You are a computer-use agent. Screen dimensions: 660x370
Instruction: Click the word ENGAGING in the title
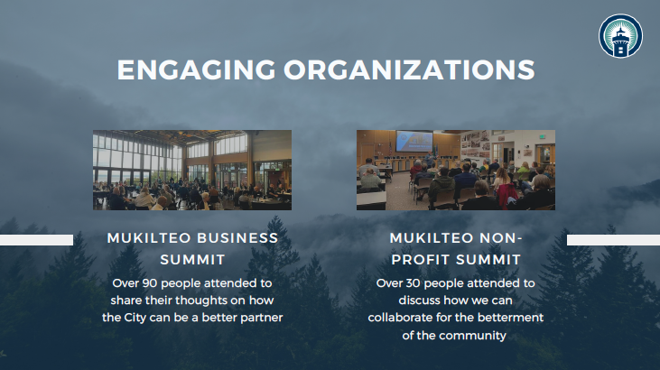196,69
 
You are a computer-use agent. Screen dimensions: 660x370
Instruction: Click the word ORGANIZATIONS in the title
409,69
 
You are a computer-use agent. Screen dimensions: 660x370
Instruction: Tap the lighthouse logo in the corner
620,36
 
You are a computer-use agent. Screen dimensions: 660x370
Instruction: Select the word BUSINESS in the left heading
237,238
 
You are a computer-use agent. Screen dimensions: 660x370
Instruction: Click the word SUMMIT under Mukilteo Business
193,260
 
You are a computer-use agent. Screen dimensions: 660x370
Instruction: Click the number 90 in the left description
150,283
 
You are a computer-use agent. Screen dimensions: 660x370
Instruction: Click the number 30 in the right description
413,283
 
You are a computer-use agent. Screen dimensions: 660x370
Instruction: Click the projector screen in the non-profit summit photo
414,141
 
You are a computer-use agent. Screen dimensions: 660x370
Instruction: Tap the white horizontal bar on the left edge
37,240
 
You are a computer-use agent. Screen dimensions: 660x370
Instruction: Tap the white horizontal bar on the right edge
613,240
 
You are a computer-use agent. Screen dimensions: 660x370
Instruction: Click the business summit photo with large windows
192,170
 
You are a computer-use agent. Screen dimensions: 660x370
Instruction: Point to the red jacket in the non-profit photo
507,195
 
